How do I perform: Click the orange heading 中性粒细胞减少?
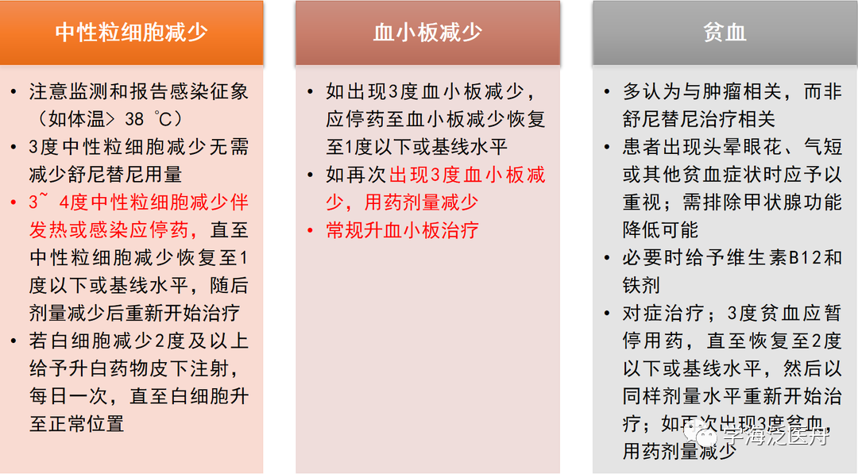point(132,33)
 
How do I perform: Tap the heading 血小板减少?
point(427,33)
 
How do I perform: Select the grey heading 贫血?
point(725,33)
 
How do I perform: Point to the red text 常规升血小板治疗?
point(402,230)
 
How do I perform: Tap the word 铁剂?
point(641,285)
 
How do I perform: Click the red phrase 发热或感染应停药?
point(110,230)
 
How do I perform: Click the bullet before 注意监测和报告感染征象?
point(14,91)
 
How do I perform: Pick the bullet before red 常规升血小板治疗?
point(311,230)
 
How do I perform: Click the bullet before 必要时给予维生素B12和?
point(608,258)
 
